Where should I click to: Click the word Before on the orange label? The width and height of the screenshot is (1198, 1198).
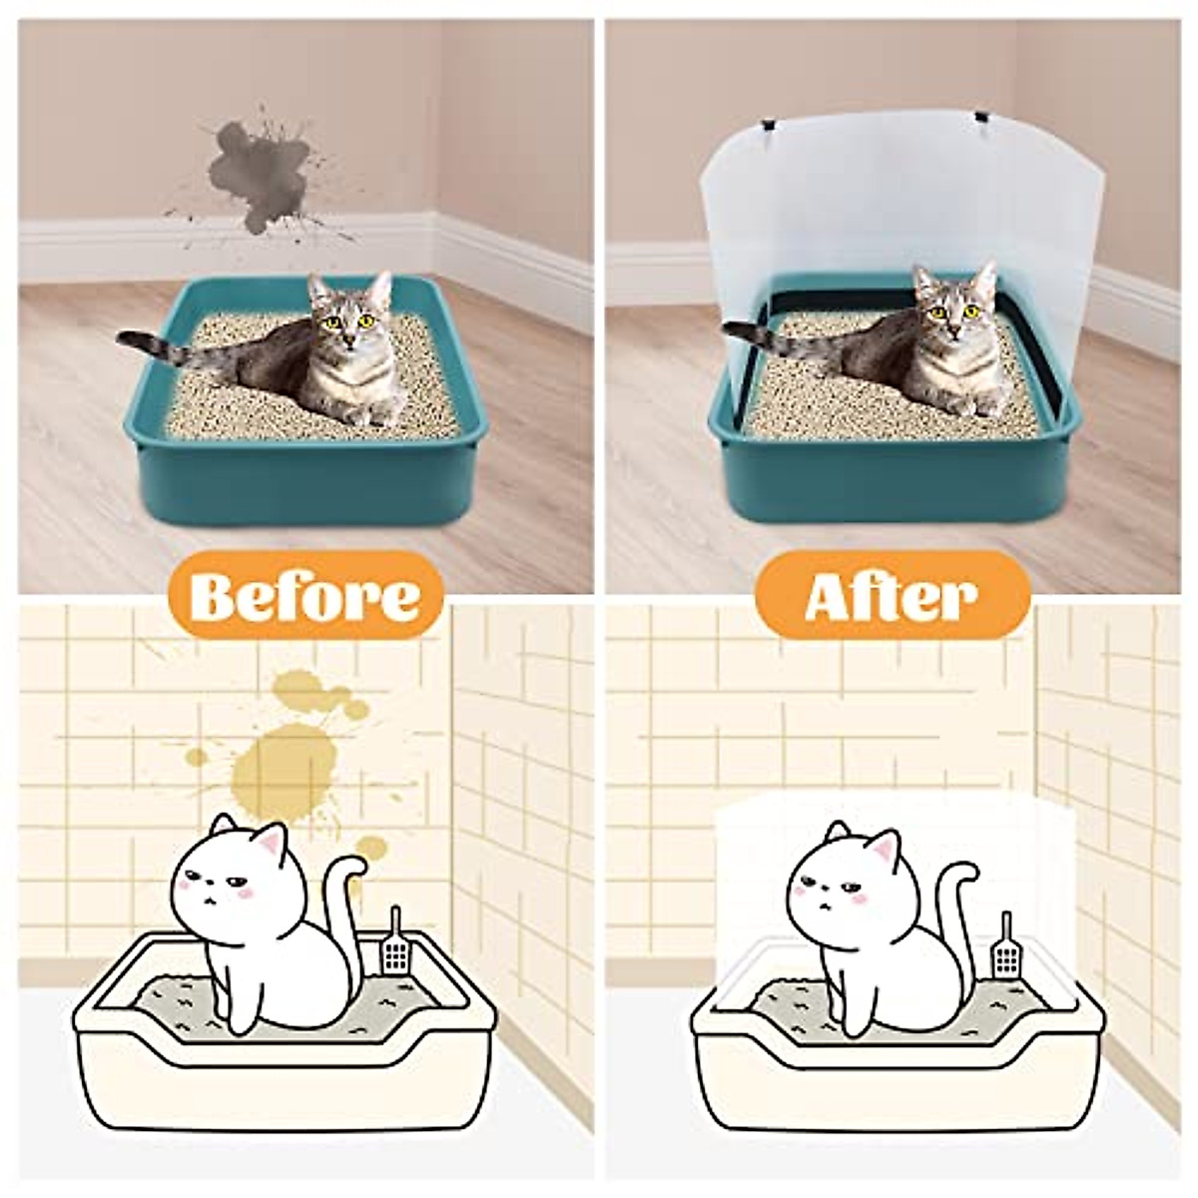coord(304,596)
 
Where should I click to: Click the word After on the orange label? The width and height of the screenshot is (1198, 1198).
coord(891,596)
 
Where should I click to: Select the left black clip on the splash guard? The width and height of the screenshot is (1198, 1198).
coord(770,128)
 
